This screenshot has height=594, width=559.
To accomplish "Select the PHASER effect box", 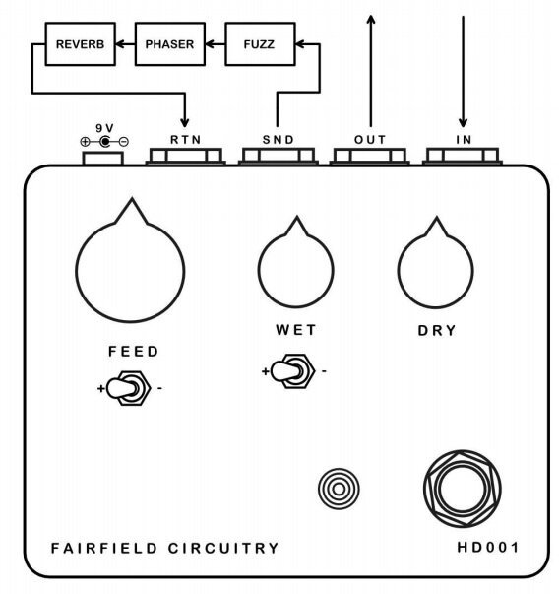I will click(169, 44).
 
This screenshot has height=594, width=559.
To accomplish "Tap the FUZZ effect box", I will click(260, 44).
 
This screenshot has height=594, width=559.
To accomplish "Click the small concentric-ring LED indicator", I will click(340, 486).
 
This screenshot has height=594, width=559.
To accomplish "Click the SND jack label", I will click(278, 140).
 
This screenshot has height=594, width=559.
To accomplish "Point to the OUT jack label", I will click(370, 140).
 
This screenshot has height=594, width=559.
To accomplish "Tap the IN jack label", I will click(463, 140).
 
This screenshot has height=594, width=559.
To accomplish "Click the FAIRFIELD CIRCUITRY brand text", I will click(164, 548).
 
